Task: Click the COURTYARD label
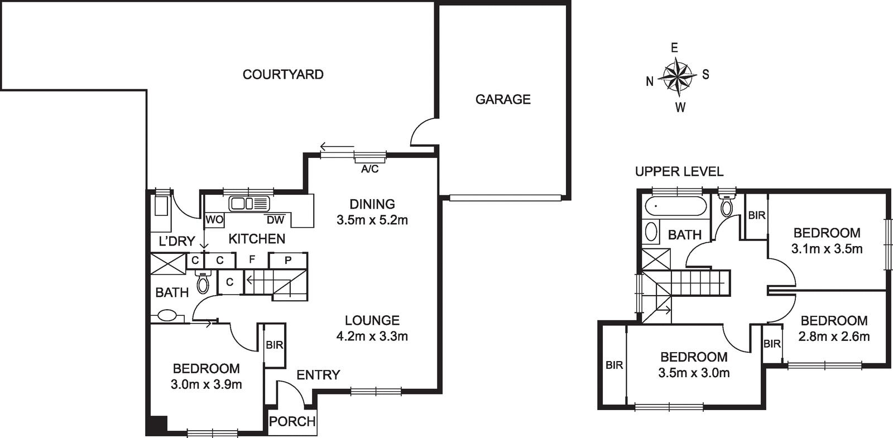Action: click(283, 74)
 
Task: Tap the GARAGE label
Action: click(503, 99)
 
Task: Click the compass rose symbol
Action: click(677, 76)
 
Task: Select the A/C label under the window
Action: click(369, 169)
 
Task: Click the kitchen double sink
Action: click(249, 204)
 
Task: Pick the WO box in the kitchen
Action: click(214, 220)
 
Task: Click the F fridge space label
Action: click(252, 260)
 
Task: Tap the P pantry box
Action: click(288, 260)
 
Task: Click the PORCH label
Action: click(292, 421)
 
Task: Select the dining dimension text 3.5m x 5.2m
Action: click(372, 220)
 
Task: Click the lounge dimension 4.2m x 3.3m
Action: click(372, 336)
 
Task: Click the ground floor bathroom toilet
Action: click(203, 283)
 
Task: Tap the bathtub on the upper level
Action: click(675, 207)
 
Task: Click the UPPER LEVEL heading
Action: click(679, 172)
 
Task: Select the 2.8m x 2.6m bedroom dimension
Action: click(834, 336)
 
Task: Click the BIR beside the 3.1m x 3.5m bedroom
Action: click(756, 215)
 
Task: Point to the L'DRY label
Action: click(177, 241)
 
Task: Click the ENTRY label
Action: click(318, 375)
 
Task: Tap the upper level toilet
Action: click(727, 206)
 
